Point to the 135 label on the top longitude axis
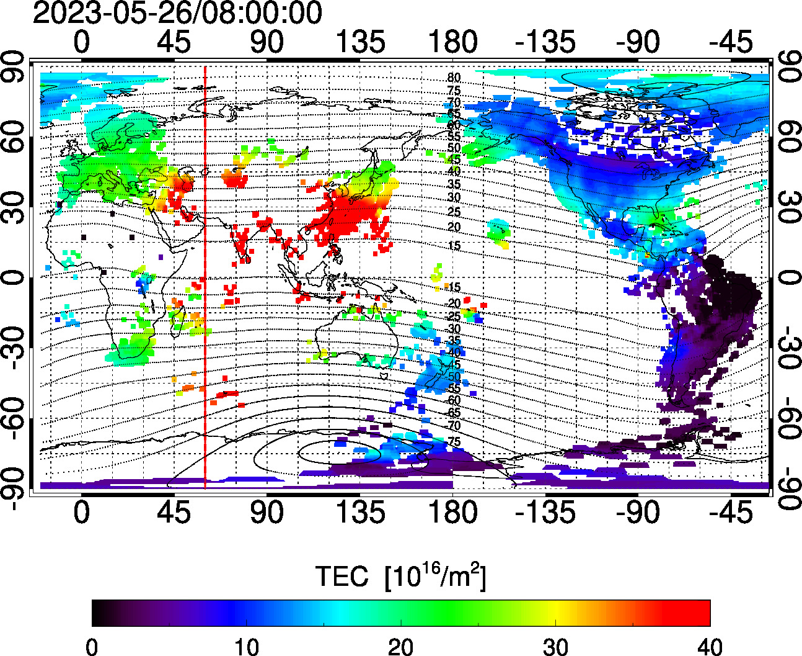(360, 42)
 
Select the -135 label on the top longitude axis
(545, 42)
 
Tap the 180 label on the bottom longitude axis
(453, 513)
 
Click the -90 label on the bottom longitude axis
(638, 513)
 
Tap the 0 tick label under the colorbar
(92, 647)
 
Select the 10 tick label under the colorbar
(246, 647)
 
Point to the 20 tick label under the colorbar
(401, 647)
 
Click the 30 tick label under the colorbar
(555, 647)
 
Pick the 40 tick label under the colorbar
(710, 647)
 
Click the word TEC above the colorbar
(342, 577)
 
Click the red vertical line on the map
(205, 279)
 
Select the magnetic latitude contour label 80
(454, 78)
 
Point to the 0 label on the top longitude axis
(81, 42)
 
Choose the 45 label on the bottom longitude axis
(174, 513)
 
